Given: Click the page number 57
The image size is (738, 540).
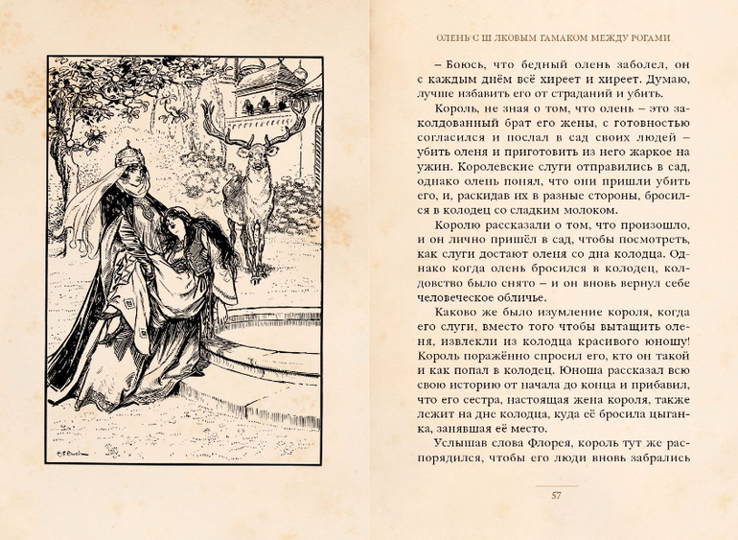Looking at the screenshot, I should pos(556,495).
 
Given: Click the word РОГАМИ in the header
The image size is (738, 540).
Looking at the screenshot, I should pos(647,38).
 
